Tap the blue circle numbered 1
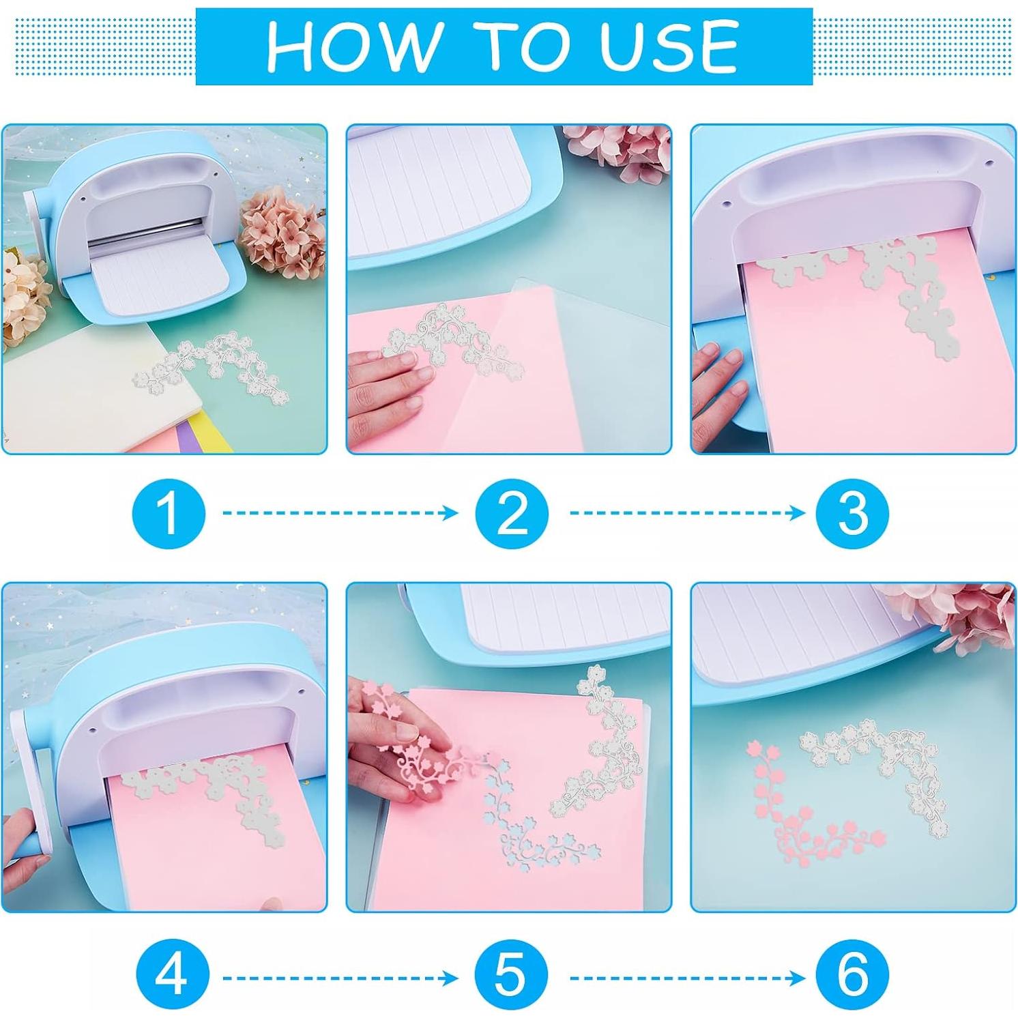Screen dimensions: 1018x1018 pos(169,512)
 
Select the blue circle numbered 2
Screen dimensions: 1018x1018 pos(512,512)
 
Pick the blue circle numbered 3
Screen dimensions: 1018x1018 pos(853,512)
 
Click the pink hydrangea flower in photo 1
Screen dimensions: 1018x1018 pos(281,232)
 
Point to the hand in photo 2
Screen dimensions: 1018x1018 pos(386,382)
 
